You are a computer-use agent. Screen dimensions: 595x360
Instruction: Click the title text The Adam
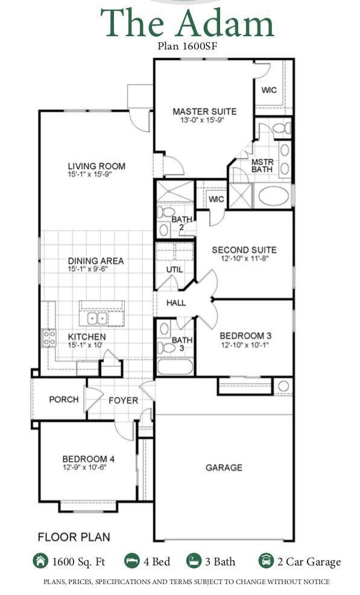186,24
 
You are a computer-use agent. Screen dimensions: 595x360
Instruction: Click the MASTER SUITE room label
204,112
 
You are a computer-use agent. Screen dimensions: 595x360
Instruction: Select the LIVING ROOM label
96,167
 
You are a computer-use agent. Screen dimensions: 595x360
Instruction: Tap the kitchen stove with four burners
49,338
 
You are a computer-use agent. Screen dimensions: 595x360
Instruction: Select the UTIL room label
174,270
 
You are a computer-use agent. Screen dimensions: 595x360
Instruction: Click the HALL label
175,303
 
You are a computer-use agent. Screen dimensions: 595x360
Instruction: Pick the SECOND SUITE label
244,250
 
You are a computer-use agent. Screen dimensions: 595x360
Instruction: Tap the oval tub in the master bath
274,197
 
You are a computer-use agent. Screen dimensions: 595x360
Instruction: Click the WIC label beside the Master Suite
269,91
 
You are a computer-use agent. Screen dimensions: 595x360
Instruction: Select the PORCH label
63,399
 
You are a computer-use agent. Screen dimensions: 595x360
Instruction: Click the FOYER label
123,400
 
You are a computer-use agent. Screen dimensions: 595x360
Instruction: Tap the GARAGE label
224,467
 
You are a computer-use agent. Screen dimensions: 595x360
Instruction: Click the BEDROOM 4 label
88,459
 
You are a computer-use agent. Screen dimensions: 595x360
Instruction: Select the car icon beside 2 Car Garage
266,561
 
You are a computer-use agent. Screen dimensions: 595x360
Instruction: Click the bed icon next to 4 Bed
132,561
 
